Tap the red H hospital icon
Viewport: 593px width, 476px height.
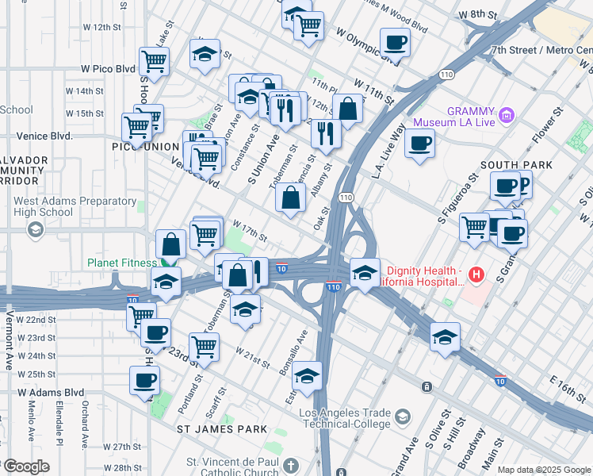point(476,275)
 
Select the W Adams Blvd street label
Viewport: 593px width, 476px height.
point(51,392)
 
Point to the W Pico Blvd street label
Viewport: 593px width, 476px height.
point(103,69)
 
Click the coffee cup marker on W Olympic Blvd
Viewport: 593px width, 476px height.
point(395,42)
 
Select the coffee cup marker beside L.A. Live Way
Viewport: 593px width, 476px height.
point(419,144)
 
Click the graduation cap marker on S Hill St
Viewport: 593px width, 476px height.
point(445,336)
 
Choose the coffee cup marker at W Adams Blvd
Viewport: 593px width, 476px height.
point(144,380)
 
